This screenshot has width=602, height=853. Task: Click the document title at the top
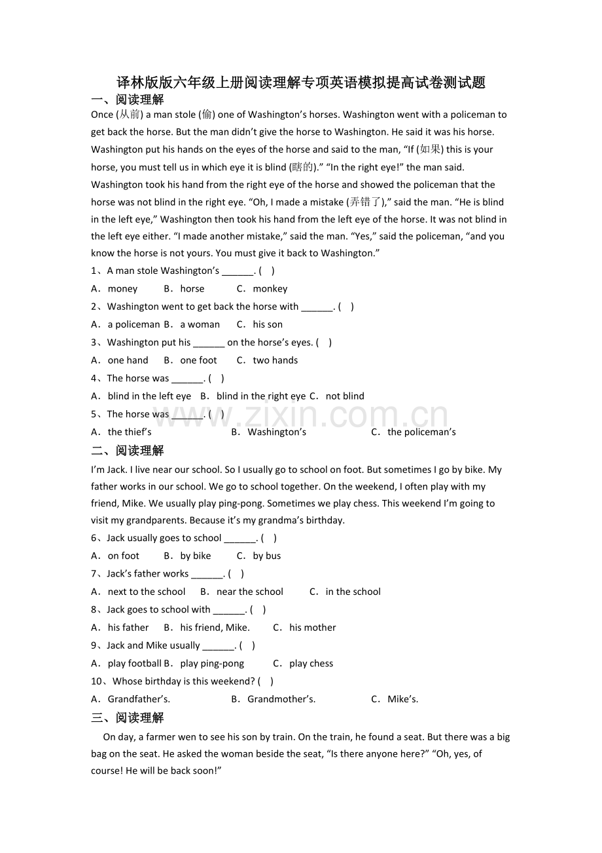300,83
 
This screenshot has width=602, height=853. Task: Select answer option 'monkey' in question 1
270,289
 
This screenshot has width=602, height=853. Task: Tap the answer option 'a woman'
200,324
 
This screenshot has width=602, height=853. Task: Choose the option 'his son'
268,324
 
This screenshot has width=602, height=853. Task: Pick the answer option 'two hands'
275,360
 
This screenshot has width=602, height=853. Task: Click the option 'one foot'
198,360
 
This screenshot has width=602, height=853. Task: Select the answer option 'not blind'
345,396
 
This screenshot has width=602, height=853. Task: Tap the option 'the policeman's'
421,432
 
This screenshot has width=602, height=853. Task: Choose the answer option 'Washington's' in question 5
277,432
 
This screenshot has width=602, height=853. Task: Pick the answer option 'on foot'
124,556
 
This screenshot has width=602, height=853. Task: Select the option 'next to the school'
147,592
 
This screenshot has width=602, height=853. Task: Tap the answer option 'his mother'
312,628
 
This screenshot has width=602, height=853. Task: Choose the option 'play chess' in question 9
311,664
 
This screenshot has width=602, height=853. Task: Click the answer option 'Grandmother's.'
281,699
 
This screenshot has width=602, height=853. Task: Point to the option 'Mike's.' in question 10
402,699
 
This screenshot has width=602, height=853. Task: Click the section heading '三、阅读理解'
128,718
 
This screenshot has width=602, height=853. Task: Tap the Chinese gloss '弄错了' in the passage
366,202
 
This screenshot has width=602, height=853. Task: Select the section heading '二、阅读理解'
128,451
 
